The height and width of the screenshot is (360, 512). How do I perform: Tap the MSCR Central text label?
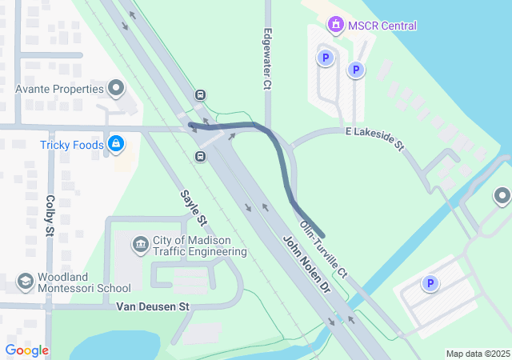[x=382, y=26]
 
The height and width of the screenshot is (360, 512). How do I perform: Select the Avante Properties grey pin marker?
[x=117, y=88]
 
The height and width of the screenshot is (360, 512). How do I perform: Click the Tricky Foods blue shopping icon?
[x=116, y=144]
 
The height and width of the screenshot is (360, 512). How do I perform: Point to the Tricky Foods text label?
[x=72, y=145]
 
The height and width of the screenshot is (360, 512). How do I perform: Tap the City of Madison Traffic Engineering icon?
[x=141, y=243]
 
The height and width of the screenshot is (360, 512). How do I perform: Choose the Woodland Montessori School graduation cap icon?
[x=26, y=282]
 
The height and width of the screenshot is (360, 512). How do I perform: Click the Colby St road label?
[x=50, y=217]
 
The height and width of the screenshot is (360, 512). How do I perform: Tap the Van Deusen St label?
[x=152, y=306]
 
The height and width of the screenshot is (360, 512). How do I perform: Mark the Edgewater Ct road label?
[x=268, y=60]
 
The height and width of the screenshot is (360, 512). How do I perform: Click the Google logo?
[x=26, y=350]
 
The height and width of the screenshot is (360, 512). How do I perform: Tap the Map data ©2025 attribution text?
[x=478, y=354]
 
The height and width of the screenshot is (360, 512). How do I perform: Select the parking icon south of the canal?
[x=430, y=283]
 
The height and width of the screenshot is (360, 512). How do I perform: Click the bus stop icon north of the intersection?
[x=198, y=94]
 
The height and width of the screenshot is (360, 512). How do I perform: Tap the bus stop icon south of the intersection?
[x=199, y=156]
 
